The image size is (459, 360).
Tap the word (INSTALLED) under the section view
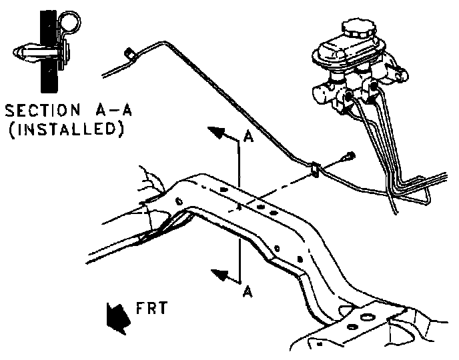(x=64, y=129)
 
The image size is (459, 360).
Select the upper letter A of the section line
(x=248, y=137)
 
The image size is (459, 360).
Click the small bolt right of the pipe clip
(x=347, y=157)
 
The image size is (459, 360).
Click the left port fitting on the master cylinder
(x=348, y=99)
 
